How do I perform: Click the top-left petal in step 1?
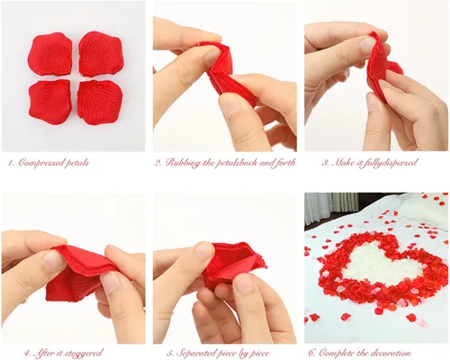click(50, 54)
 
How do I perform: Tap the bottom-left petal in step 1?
click(50, 98)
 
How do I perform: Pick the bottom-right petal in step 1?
click(100, 102)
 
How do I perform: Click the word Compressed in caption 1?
click(40, 163)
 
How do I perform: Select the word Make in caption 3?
click(342, 163)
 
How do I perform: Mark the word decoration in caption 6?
click(391, 353)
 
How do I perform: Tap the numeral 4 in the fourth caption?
click(27, 353)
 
